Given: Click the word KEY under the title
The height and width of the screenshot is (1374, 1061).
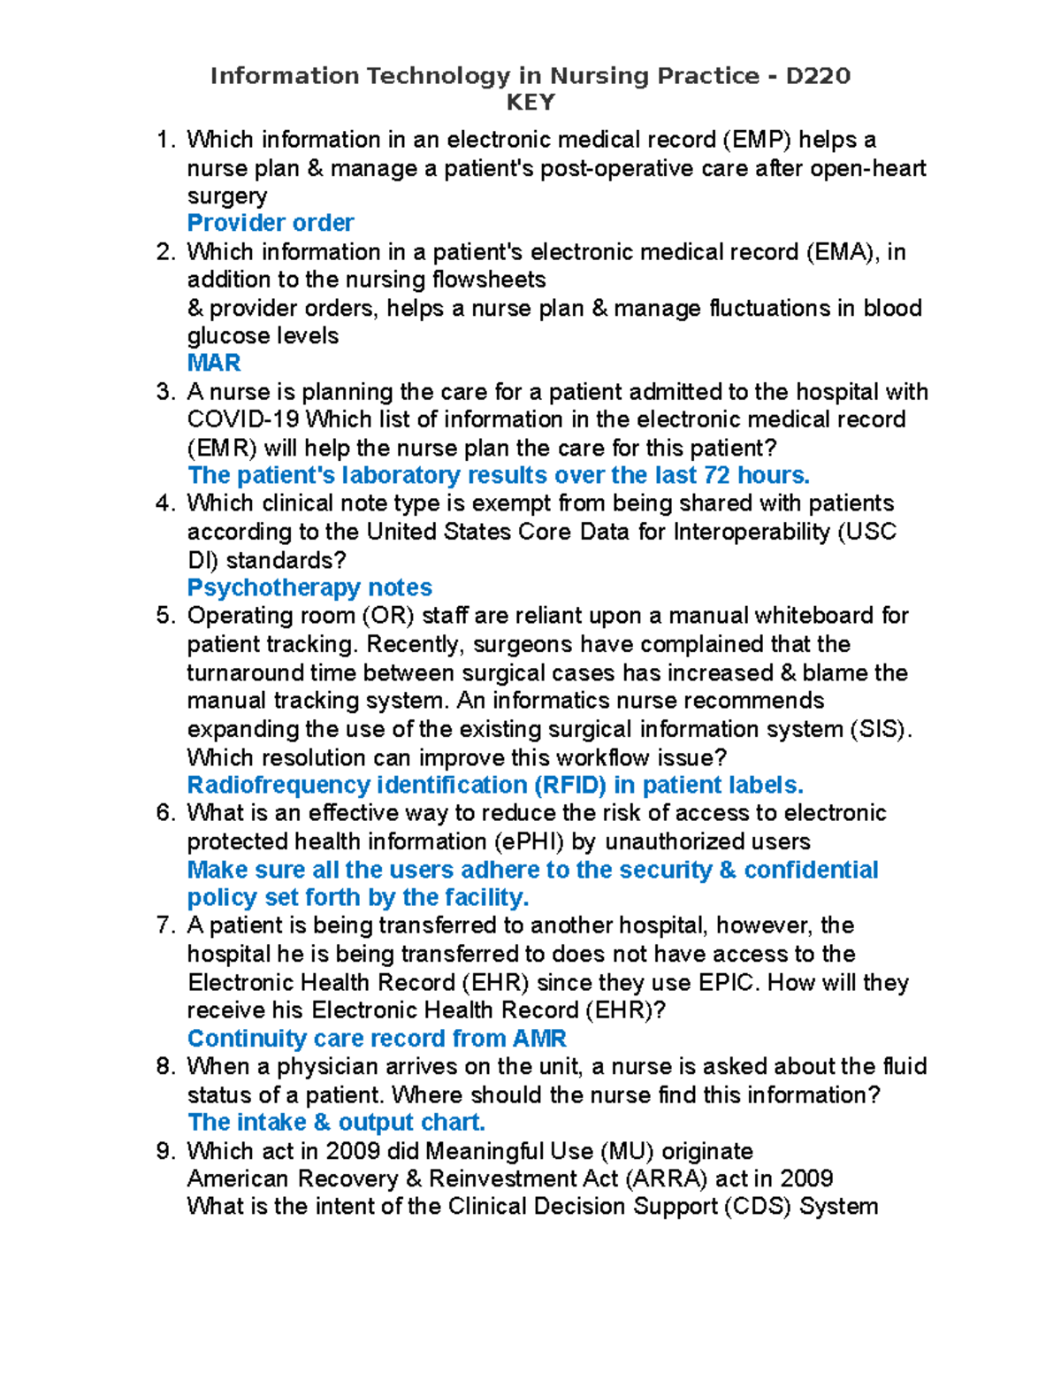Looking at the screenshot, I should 530,103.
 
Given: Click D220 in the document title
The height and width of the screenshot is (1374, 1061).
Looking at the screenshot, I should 818,76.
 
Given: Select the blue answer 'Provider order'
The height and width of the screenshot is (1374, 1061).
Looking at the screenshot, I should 271,223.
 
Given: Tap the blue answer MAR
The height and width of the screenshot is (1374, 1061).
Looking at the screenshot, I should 214,363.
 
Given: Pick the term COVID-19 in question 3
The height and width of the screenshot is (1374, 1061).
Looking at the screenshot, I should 243,419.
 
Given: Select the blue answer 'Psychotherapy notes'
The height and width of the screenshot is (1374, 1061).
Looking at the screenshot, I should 309,587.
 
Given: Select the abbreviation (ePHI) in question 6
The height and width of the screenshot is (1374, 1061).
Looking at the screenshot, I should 529,841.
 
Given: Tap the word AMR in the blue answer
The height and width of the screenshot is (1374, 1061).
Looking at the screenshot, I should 538,1039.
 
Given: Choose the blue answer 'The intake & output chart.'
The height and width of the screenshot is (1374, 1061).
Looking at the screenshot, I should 336,1123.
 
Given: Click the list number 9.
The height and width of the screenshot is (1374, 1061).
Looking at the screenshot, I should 165,1151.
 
